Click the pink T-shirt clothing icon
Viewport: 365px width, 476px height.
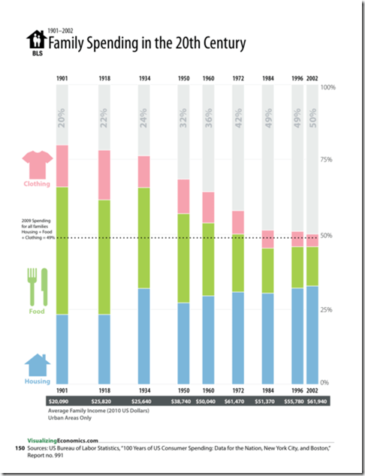tap(35, 164)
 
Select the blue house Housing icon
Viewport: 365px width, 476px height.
tap(36, 366)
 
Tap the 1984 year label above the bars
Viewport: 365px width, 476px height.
tap(268, 77)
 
